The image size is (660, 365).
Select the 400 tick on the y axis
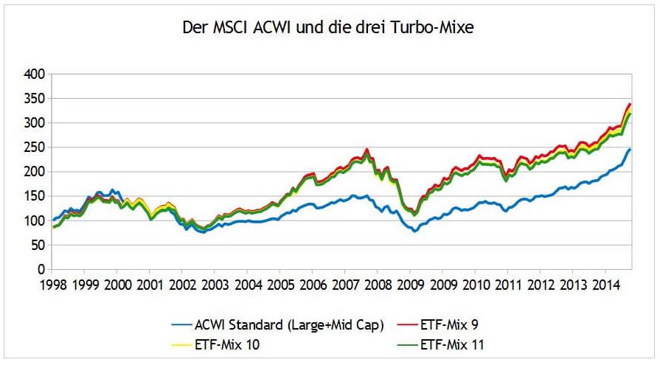(x=35, y=74)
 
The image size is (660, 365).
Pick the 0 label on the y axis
(x=42, y=270)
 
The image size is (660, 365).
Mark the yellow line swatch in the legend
(x=173, y=343)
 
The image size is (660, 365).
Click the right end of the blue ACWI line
(x=631, y=150)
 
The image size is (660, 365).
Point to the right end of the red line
(x=629, y=104)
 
